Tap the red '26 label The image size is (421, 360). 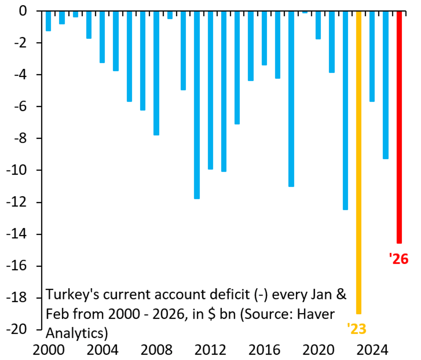(x=399, y=259)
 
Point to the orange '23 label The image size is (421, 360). (x=356, y=329)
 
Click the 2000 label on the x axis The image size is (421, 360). (x=48, y=350)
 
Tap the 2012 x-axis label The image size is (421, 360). (x=210, y=350)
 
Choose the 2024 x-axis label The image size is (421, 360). (x=372, y=350)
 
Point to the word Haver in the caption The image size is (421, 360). (x=316, y=314)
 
